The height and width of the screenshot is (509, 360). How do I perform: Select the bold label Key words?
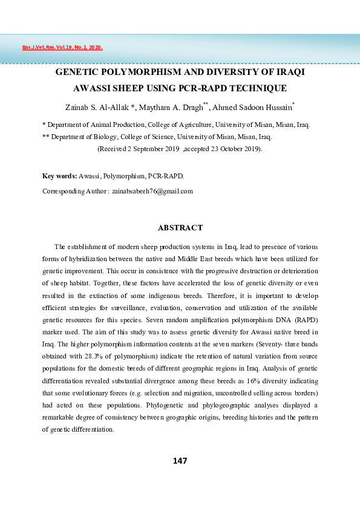59,176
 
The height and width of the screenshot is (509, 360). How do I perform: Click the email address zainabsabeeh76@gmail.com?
152,191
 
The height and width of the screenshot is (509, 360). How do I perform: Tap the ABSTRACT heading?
180,228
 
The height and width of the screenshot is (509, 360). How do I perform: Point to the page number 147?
180,461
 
